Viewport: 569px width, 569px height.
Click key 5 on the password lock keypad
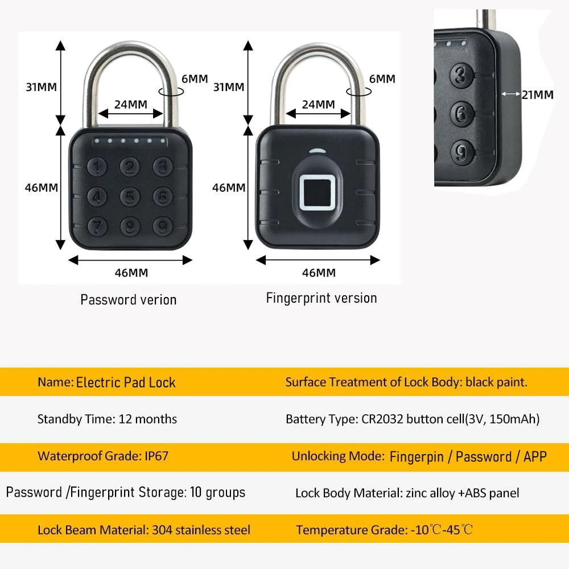click(x=131, y=197)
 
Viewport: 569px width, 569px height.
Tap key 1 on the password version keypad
click(x=99, y=167)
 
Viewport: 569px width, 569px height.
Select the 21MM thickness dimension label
click(x=537, y=95)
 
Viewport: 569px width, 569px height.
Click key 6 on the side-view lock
click(x=462, y=113)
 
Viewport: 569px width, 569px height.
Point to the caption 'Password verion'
click(x=129, y=300)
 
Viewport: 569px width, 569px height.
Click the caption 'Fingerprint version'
click(x=321, y=298)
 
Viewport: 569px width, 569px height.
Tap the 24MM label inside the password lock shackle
click(x=131, y=104)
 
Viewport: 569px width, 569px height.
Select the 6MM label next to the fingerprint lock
click(x=382, y=79)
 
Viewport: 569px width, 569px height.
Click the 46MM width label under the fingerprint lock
click(x=319, y=273)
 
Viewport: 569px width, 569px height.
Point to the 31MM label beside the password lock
click(x=41, y=87)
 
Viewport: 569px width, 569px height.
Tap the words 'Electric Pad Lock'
click(x=126, y=382)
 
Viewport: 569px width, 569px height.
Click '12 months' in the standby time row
click(x=148, y=419)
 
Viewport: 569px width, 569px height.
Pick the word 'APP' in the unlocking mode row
click(x=535, y=456)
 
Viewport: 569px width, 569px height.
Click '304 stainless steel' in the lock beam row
click(x=201, y=530)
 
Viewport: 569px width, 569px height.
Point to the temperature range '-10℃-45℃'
click(x=442, y=530)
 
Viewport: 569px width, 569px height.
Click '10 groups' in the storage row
click(x=216, y=492)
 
